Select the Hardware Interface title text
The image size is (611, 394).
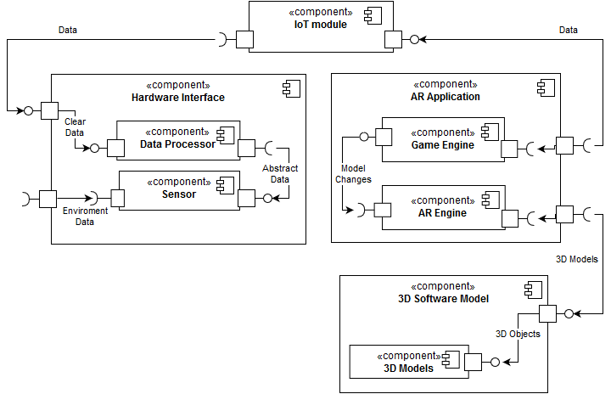(x=178, y=98)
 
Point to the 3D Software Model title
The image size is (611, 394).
(x=443, y=298)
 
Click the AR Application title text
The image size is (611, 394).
(x=446, y=97)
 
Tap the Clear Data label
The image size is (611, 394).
(x=76, y=127)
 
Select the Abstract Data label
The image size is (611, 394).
(x=280, y=173)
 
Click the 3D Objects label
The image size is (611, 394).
(x=518, y=334)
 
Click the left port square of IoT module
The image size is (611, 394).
(x=245, y=39)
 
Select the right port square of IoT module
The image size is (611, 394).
(x=393, y=39)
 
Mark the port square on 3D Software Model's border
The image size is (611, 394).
(x=547, y=313)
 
